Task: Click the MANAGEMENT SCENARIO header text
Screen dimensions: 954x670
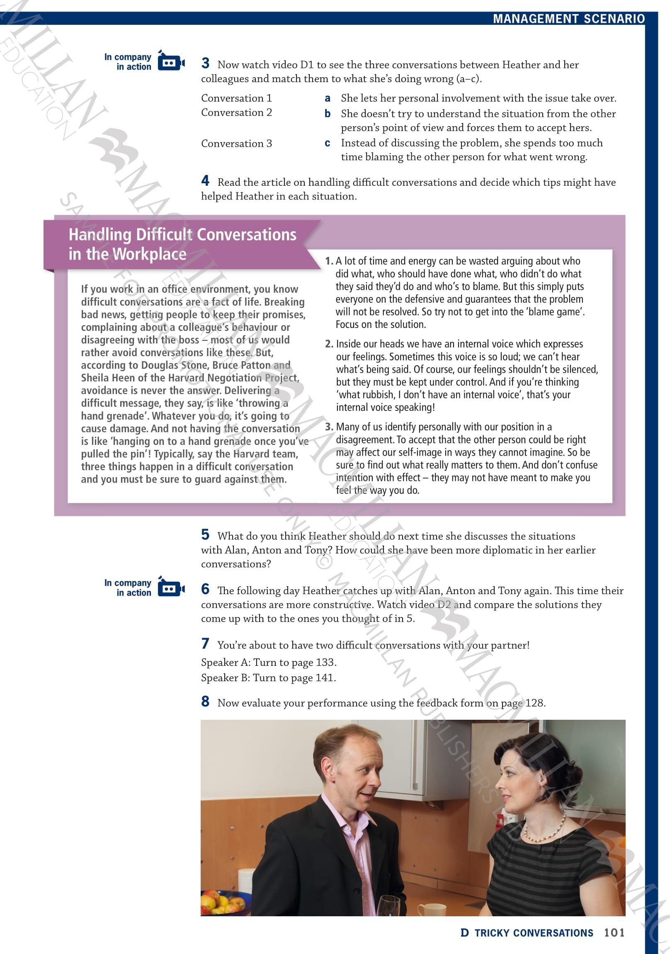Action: point(568,19)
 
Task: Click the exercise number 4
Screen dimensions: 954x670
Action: point(205,181)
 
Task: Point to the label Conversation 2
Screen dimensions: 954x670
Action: point(236,113)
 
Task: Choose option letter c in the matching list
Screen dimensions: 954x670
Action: point(328,143)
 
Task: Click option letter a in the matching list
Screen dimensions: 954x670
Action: point(328,99)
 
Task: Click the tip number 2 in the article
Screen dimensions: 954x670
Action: point(329,344)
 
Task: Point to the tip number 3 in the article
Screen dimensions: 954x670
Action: point(329,427)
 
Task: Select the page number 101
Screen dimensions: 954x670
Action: point(614,933)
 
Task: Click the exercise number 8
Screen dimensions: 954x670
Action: point(205,702)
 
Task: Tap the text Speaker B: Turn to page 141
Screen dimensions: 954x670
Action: point(269,678)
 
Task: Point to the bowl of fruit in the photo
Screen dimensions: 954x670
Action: point(224,903)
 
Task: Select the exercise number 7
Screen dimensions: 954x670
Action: point(205,643)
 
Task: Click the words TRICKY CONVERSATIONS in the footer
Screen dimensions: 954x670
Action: point(534,933)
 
